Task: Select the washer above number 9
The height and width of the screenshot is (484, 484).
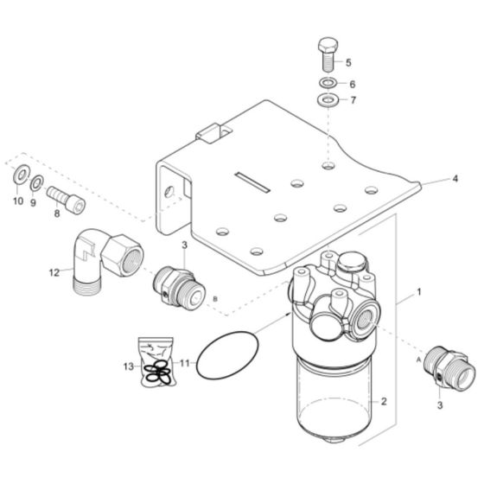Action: (x=36, y=182)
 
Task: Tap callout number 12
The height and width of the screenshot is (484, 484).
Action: (x=54, y=272)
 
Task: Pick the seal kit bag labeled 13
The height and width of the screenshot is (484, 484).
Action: (x=158, y=364)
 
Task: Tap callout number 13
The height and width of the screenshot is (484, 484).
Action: (x=127, y=367)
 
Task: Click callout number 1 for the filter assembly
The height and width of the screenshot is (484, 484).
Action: (x=419, y=292)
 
